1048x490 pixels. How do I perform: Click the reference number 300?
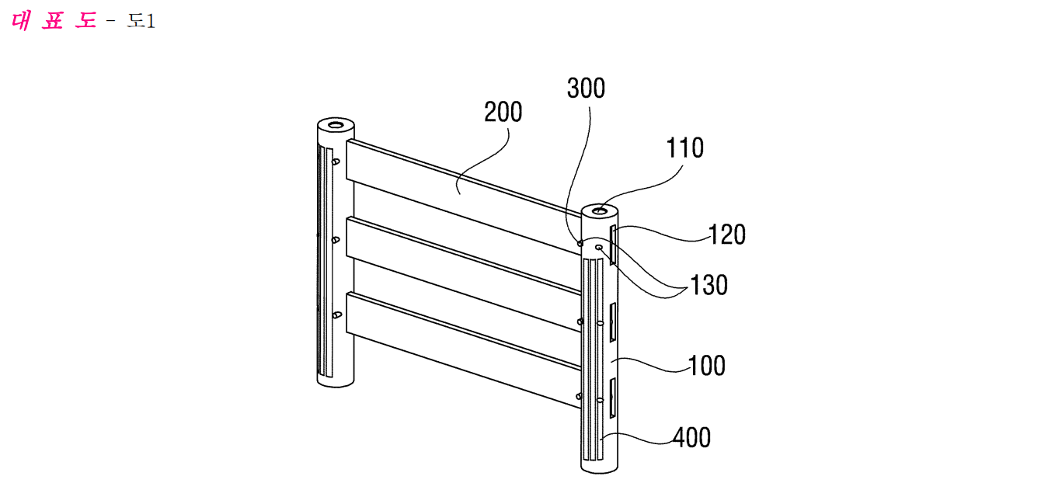pos(586,88)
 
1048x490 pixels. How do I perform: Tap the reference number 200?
pos(503,113)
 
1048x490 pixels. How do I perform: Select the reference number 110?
pos(684,148)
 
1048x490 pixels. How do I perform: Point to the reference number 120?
pos(726,235)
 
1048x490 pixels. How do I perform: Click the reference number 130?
pos(709,285)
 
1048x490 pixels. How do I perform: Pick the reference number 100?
pos(706,365)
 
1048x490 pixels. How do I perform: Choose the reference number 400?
pos(691,438)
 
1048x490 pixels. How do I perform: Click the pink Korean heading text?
pos(54,20)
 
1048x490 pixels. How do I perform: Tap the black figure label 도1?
pos(141,21)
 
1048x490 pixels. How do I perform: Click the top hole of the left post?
pos(335,125)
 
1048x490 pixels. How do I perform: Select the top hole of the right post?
pos(599,211)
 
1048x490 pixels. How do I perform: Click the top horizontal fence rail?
pos(464,196)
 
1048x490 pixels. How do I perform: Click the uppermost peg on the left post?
pos(336,162)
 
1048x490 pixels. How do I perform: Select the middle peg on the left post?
pos(336,240)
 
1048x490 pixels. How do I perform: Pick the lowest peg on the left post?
pos(336,315)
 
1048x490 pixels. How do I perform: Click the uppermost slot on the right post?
pos(612,245)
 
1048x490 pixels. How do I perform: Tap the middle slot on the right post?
pos(612,322)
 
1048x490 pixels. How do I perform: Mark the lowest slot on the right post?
pos(612,398)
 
